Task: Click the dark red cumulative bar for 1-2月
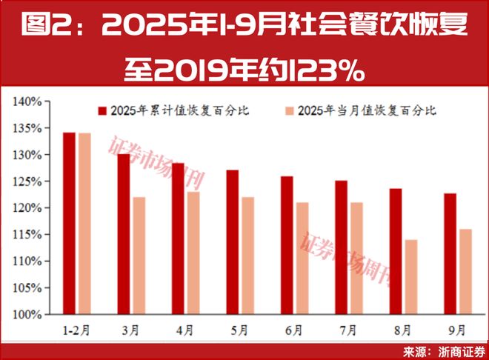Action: click(69, 223)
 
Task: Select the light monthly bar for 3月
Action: click(139, 256)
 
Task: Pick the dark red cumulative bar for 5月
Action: click(233, 242)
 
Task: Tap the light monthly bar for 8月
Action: click(411, 277)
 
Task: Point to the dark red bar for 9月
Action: click(450, 253)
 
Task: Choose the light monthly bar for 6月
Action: click(303, 259)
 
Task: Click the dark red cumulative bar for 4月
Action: click(178, 239)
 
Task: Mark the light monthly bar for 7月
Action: click(357, 259)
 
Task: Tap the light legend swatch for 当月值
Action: click(290, 111)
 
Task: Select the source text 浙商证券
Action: click(460, 351)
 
